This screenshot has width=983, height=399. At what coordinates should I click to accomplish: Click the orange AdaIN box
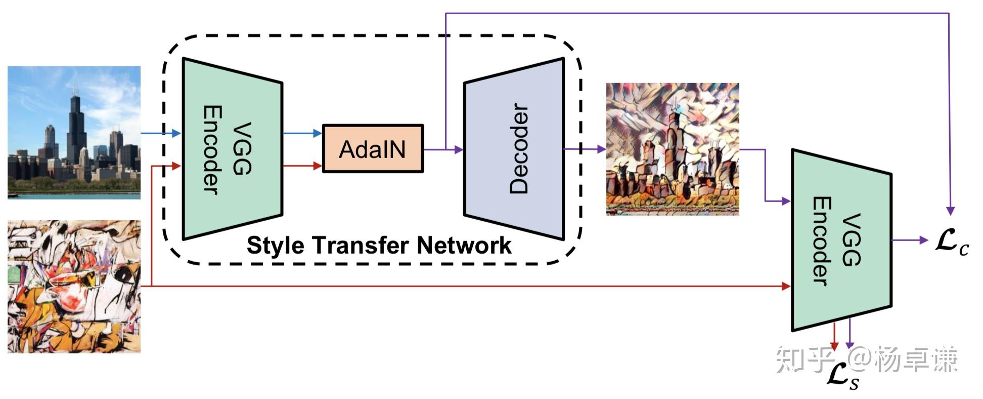(373, 149)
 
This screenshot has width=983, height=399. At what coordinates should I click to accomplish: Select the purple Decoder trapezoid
(514, 149)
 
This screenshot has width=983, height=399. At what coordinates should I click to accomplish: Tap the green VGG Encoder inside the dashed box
(232, 149)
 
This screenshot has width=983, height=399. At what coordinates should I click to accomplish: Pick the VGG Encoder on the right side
(841, 240)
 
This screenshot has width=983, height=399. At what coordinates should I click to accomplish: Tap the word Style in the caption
(276, 246)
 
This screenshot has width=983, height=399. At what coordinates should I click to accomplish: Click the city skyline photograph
(74, 132)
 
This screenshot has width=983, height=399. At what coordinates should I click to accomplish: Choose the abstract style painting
(74, 286)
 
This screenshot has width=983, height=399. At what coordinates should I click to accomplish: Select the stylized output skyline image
(673, 149)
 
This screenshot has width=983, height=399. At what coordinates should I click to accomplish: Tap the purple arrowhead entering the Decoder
(459, 149)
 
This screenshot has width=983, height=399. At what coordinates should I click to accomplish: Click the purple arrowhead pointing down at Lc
(951, 211)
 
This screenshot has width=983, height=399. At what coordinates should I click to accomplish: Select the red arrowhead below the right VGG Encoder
(834, 346)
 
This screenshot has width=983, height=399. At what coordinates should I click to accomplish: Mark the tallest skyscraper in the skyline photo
(76, 127)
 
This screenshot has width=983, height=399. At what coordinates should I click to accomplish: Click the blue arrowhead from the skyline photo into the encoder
(176, 134)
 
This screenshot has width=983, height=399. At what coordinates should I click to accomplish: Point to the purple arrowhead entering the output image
(601, 149)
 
